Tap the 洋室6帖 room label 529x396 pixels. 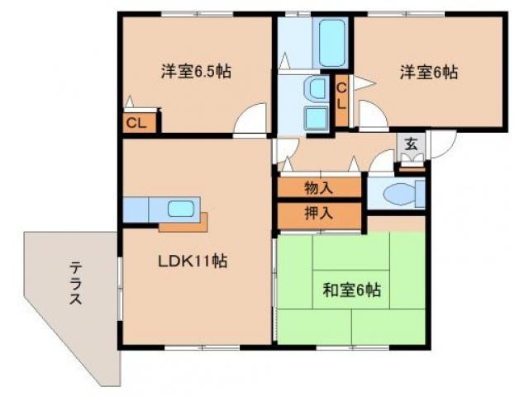429,72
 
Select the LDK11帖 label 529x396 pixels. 193,262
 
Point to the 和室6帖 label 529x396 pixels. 351,290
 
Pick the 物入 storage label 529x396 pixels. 318,187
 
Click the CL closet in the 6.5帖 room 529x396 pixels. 137,124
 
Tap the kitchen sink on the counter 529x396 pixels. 179,208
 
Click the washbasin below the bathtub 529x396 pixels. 316,89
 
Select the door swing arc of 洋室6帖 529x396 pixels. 370,120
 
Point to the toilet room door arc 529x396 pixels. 382,162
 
